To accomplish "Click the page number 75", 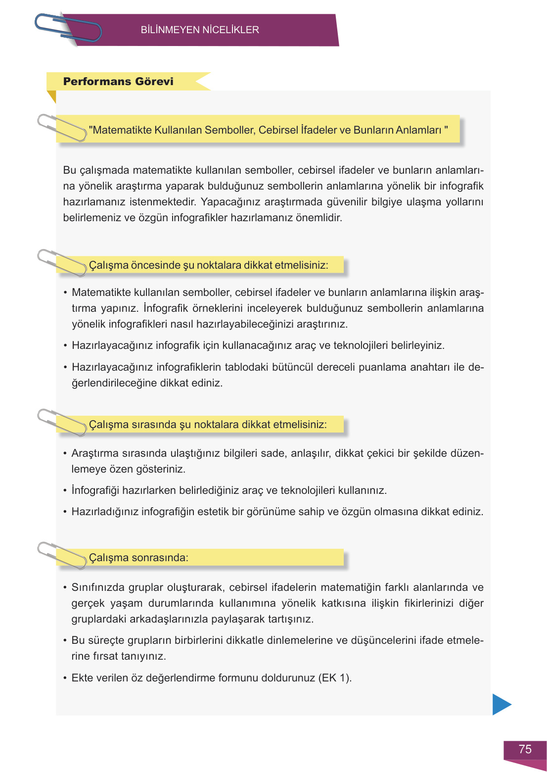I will pyautogui.click(x=525, y=749).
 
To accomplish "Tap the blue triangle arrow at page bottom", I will pyautogui.click(x=501, y=704).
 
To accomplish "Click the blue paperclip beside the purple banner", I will pyautogui.click(x=68, y=28).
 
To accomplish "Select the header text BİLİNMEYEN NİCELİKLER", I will pyautogui.click(x=200, y=30).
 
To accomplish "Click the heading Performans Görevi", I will pyautogui.click(x=118, y=82).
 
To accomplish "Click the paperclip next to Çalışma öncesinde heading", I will pyautogui.click(x=62, y=262).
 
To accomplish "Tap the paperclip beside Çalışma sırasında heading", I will pyautogui.click(x=62, y=422).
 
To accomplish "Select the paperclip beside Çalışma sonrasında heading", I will pyautogui.click(x=62, y=555).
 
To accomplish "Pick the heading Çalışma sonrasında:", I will pyautogui.click(x=138, y=558).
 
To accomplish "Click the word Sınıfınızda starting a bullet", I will pyautogui.click(x=97, y=587).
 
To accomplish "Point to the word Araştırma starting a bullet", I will pyautogui.click(x=95, y=453).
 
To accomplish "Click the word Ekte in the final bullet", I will pyautogui.click(x=82, y=678).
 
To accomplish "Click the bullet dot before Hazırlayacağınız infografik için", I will pyautogui.click(x=65, y=345).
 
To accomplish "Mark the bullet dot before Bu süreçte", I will pyautogui.click(x=65, y=640).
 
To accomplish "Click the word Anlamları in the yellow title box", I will pyautogui.click(x=418, y=130).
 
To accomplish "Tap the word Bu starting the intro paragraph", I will pyautogui.click(x=69, y=170).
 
